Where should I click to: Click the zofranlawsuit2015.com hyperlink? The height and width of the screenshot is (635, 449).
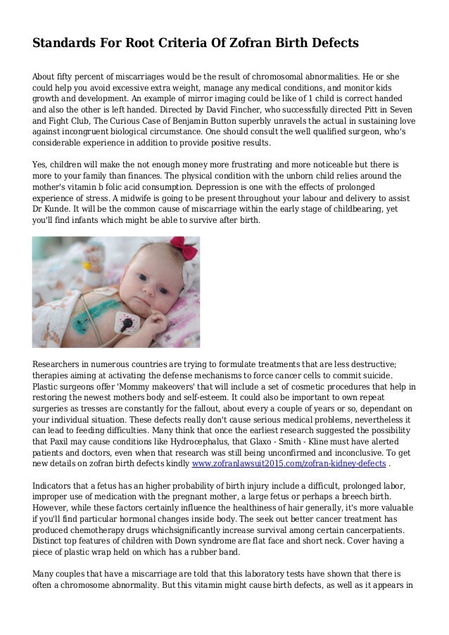(289, 465)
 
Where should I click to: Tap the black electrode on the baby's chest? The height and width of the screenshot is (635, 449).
(127, 325)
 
